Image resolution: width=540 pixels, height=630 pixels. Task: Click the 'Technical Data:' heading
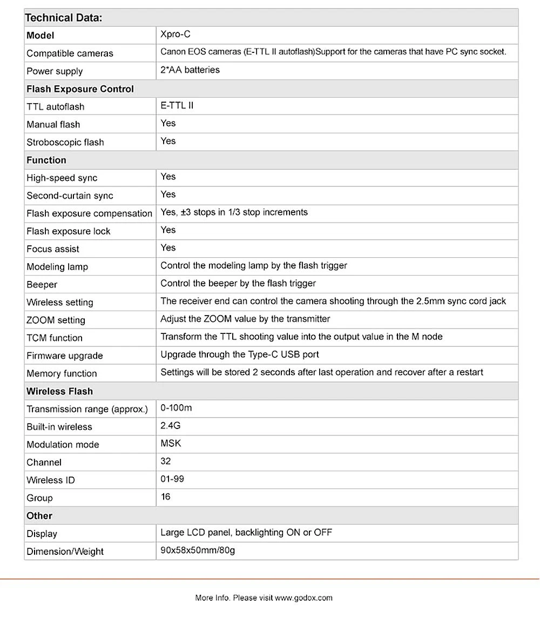pyautogui.click(x=63, y=18)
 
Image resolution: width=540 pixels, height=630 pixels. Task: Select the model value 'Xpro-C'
pyautogui.click(x=175, y=35)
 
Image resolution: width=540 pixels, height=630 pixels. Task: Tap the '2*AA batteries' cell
pyautogui.click(x=190, y=70)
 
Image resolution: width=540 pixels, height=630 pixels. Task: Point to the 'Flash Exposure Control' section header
pyautogui.click(x=80, y=89)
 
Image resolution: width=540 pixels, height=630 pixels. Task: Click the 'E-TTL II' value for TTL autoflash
pyautogui.click(x=177, y=106)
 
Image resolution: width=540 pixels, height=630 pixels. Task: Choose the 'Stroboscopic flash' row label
pyautogui.click(x=65, y=142)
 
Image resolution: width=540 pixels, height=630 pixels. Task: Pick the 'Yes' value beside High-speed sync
pyautogui.click(x=168, y=177)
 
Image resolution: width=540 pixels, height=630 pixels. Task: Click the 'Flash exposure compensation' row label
pyautogui.click(x=89, y=213)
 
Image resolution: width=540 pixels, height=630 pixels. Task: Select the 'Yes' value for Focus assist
pyautogui.click(x=168, y=248)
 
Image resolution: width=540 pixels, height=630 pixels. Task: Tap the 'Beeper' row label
pyautogui.click(x=42, y=285)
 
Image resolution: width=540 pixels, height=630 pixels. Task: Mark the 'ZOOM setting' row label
pyautogui.click(x=56, y=320)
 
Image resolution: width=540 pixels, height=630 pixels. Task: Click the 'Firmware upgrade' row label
pyautogui.click(x=64, y=356)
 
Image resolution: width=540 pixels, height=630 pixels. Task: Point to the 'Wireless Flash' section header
pyautogui.click(x=60, y=391)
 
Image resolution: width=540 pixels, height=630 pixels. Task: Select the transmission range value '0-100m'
pyautogui.click(x=176, y=408)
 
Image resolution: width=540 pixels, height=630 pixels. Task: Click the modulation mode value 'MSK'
pyautogui.click(x=171, y=444)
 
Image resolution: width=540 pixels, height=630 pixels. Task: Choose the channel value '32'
pyautogui.click(x=166, y=461)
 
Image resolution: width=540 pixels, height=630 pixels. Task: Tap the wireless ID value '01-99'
pyautogui.click(x=172, y=479)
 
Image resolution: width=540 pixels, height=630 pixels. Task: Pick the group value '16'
pyautogui.click(x=165, y=497)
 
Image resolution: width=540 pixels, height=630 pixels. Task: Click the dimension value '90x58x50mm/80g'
pyautogui.click(x=198, y=551)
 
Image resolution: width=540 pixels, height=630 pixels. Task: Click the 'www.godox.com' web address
pyautogui.click(x=303, y=598)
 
